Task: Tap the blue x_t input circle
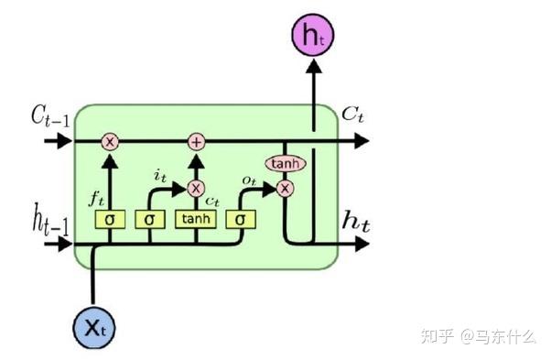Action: point(94,325)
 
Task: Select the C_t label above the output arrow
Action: point(353,114)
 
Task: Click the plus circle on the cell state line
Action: point(195,141)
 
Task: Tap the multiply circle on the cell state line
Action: point(111,141)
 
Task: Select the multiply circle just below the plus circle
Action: point(195,188)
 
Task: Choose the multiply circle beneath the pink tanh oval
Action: point(286,188)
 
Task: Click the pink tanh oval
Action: point(285,164)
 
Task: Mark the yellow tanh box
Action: point(195,220)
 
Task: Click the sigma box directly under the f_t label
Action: point(110,220)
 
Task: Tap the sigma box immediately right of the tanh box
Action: point(241,220)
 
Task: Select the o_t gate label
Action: point(248,182)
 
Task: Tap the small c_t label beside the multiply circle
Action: point(212,200)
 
